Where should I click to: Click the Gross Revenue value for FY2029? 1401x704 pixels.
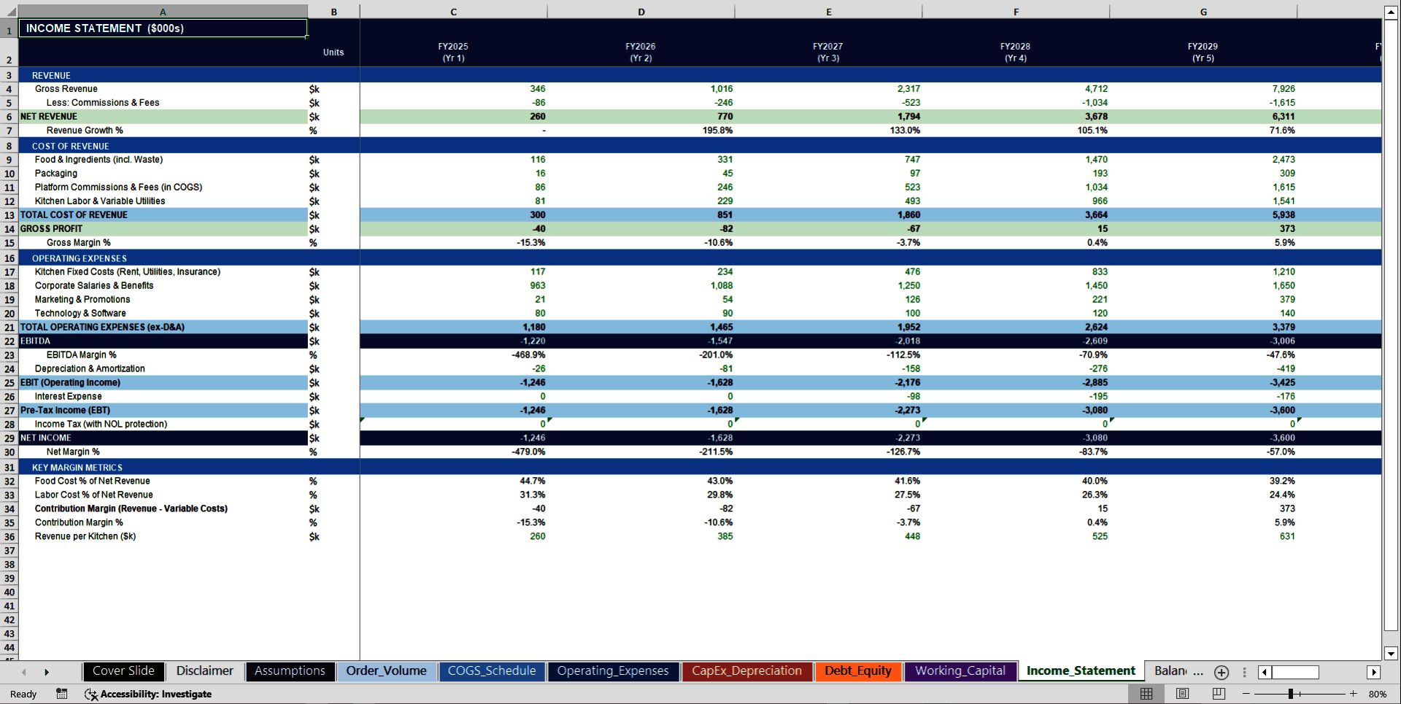point(1283,89)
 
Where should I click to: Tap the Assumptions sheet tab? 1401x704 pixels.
point(290,671)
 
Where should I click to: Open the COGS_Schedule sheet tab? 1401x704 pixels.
point(491,671)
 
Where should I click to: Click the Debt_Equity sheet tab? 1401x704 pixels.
point(857,671)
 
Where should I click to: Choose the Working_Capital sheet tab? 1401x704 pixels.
point(960,671)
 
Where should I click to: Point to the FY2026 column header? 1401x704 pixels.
point(640,52)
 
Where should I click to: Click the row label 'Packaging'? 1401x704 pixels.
point(56,174)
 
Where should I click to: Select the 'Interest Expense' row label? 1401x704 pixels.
point(69,397)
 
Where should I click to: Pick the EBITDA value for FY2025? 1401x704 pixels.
point(533,341)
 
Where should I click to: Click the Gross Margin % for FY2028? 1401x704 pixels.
point(1097,243)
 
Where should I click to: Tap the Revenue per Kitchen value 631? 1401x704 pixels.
point(1286,537)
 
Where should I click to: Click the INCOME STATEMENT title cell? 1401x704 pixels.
point(163,28)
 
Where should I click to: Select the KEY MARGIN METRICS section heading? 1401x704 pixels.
point(77,468)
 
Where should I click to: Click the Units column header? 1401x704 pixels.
point(333,53)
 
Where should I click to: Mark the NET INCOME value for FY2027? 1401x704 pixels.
point(908,438)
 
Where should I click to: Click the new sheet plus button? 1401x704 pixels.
point(1221,672)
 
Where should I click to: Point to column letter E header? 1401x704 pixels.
point(828,12)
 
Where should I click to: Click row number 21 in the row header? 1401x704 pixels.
point(9,328)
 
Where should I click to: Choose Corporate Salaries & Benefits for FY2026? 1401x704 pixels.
point(721,286)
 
